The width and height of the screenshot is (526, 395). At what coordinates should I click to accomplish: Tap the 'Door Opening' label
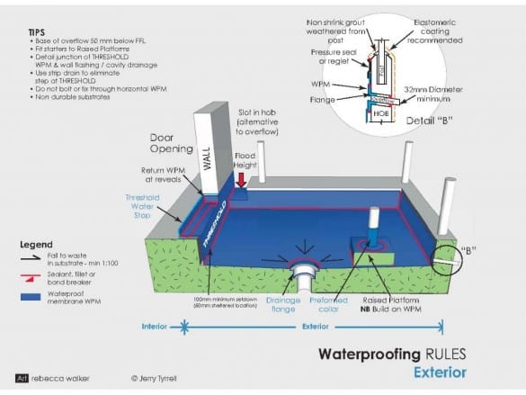point(169,144)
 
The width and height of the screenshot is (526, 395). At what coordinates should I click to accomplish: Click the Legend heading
point(35,244)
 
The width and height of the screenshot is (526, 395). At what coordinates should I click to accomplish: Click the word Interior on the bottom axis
point(149,328)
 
